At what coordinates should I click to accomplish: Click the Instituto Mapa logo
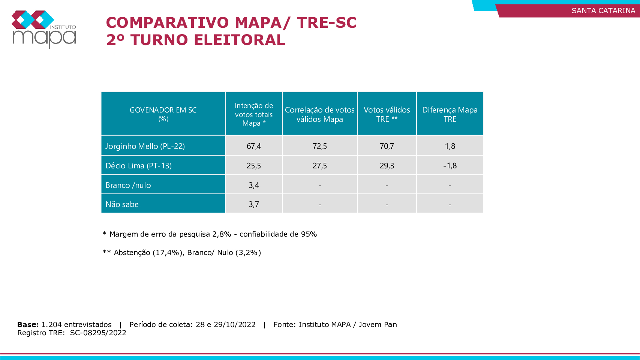[x=44, y=29]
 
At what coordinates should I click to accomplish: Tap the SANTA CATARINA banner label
[x=603, y=10]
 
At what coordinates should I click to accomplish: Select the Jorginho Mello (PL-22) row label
[x=145, y=146]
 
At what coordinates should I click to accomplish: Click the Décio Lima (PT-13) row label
[x=138, y=165]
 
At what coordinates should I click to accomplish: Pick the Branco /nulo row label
[x=128, y=185]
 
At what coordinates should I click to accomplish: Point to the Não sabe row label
[x=122, y=204]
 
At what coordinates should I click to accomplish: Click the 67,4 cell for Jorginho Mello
[x=254, y=146]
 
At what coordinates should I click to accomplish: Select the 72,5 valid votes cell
[x=320, y=146]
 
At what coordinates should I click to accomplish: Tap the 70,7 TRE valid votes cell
[x=387, y=146]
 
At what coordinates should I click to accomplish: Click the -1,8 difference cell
[x=450, y=166]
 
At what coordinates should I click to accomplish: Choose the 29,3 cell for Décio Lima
[x=387, y=166]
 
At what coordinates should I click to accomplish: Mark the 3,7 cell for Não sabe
[x=254, y=204]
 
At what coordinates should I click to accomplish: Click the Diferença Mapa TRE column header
[x=450, y=114]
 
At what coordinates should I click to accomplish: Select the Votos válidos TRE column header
[x=387, y=114]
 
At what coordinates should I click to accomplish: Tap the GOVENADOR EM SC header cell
[x=163, y=114]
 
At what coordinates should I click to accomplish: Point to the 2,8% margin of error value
[x=222, y=234]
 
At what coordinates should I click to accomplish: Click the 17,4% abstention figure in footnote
[x=168, y=253]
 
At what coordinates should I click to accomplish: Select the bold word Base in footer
[x=28, y=325]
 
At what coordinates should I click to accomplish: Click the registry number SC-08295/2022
[x=98, y=333]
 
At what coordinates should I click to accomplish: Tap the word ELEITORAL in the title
[x=240, y=40]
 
